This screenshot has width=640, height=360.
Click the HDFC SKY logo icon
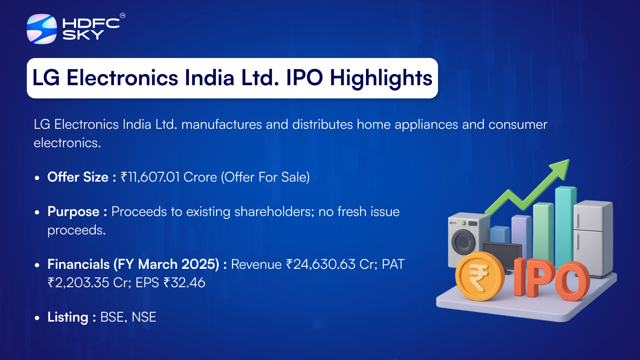pyautogui.click(x=42, y=29)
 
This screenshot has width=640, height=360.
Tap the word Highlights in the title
pyautogui.click(x=381, y=78)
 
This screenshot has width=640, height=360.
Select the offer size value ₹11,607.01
pyautogui.click(x=150, y=177)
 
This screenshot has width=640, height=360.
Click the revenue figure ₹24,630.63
pyautogui.click(x=320, y=264)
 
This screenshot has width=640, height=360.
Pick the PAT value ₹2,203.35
pyautogui.click(x=78, y=283)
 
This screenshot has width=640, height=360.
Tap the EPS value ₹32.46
pyautogui.click(x=184, y=283)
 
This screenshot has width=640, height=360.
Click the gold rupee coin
pyautogui.click(x=480, y=276)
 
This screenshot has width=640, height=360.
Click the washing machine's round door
pyautogui.click(x=463, y=242)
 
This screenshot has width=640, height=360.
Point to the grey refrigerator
pyautogui.click(x=593, y=238)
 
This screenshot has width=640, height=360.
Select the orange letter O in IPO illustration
pyautogui.click(x=572, y=282)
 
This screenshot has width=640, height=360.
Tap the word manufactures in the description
pyautogui.click(x=222, y=124)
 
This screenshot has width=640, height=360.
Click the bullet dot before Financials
pyautogui.click(x=37, y=265)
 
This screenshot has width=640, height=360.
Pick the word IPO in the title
pyautogui.click(x=304, y=78)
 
